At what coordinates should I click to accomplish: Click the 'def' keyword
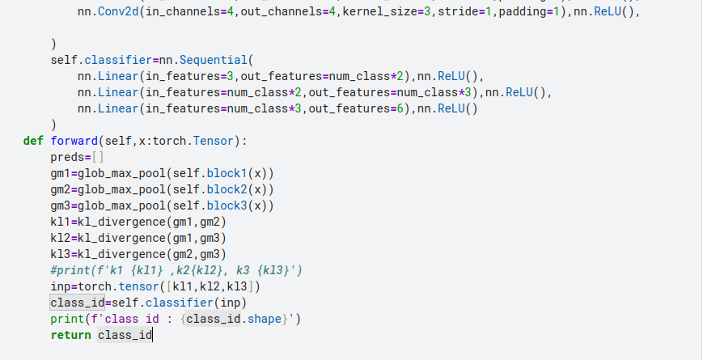point(33,141)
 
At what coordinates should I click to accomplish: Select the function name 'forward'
point(74,141)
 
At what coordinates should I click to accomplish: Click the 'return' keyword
point(70,335)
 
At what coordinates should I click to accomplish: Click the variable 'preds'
point(67,157)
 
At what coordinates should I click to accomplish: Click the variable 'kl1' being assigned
point(60,222)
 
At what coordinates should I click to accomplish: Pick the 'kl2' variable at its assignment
point(60,238)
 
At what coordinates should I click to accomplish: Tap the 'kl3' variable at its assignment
point(60,254)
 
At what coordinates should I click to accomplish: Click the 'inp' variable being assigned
point(60,286)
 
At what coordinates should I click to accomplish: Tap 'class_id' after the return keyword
point(124,335)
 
